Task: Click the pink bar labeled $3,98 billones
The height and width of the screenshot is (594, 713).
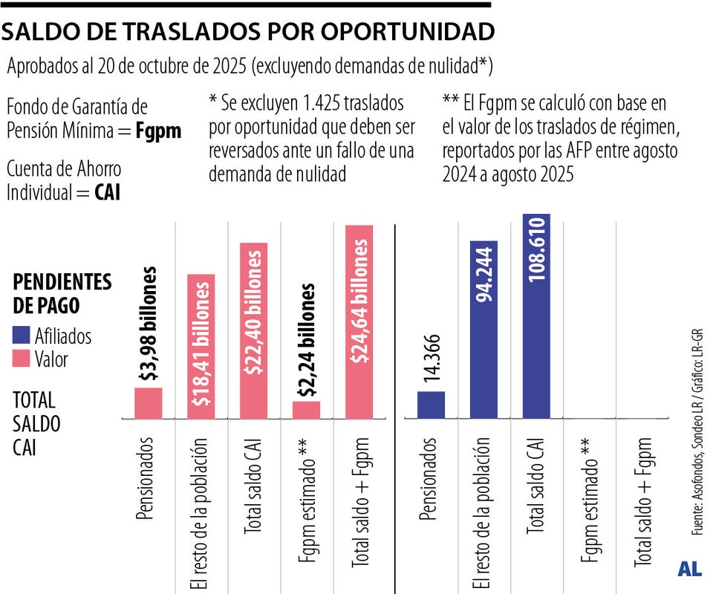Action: click(148, 402)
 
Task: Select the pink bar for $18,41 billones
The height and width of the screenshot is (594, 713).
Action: click(201, 346)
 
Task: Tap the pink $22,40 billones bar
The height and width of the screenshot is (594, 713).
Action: click(253, 330)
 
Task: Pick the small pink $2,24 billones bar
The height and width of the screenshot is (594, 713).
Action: click(306, 409)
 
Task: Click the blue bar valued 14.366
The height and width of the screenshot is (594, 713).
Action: click(431, 404)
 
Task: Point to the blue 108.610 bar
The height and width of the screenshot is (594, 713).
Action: click(536, 316)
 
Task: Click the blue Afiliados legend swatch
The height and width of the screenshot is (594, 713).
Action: click(22, 336)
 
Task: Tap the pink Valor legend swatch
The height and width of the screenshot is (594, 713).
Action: click(22, 359)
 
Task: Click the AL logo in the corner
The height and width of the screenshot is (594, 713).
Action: click(689, 569)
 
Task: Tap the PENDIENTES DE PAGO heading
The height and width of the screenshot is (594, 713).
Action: click(62, 293)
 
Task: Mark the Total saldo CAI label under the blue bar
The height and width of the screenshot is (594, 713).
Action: click(536, 491)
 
